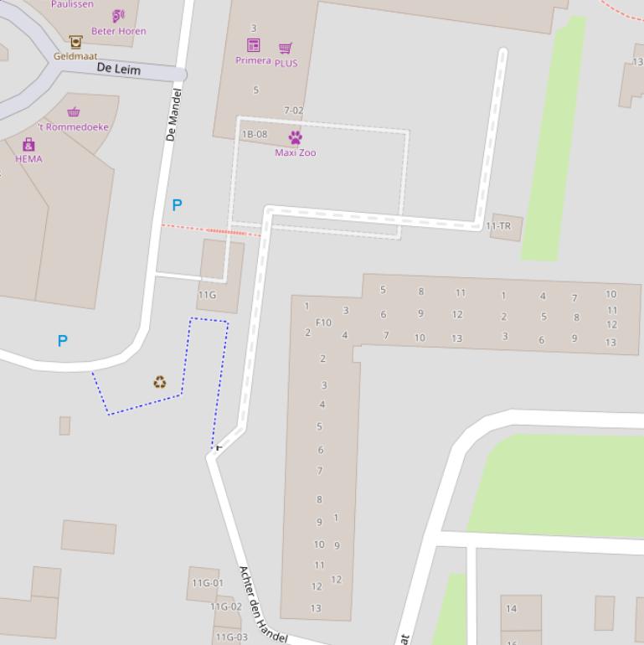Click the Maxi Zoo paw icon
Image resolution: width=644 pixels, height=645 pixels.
coord(295,137)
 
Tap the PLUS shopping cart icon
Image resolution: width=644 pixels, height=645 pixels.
coord(286,48)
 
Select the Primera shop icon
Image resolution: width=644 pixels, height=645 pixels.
coord(253,45)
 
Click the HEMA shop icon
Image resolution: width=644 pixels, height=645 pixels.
coord(28,145)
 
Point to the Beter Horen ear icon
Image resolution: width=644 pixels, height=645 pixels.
coord(118,16)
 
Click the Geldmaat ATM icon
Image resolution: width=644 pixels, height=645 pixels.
coord(75,42)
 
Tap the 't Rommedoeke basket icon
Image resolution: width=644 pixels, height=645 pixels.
coord(74,112)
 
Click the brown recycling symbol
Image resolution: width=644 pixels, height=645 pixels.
coord(159,383)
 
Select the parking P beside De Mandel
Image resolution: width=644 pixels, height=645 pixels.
coord(177,204)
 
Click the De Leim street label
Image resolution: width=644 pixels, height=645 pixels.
coord(119,69)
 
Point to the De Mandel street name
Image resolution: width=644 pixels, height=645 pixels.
coord(173,115)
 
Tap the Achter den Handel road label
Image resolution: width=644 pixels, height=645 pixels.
coord(263,605)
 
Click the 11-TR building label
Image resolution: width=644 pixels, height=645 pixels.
coord(498,226)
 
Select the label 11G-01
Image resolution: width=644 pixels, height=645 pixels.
coord(208,583)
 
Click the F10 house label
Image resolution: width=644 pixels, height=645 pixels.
coord(323,322)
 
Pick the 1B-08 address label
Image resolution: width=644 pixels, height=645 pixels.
coord(255,134)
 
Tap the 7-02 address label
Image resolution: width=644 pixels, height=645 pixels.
coord(294,111)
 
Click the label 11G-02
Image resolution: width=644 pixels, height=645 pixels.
coord(225,606)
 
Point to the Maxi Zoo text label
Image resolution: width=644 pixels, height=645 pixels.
coord(296,152)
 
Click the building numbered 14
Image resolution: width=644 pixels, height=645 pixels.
coord(511,609)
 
